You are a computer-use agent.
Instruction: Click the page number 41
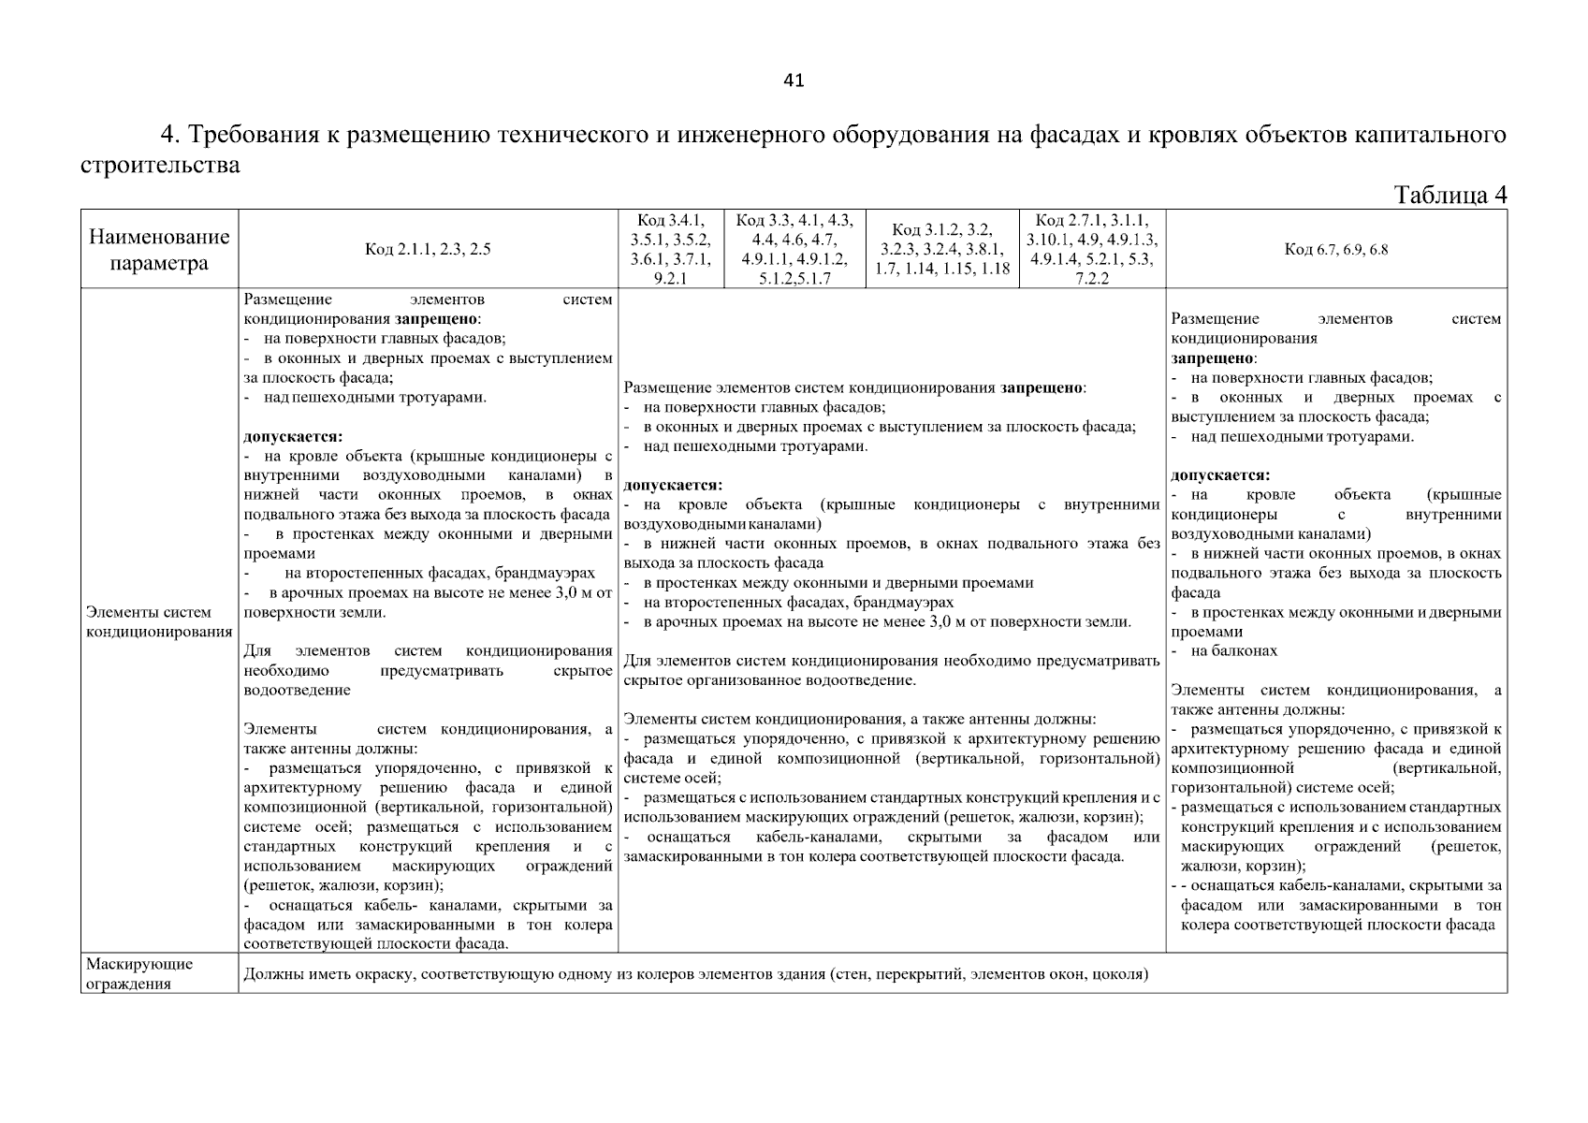click(x=793, y=80)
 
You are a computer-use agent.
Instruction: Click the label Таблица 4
click(x=1450, y=195)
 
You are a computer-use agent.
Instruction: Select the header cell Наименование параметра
click(x=159, y=250)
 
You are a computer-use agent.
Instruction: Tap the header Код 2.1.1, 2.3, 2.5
click(x=428, y=250)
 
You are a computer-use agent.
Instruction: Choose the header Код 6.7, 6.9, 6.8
click(x=1335, y=250)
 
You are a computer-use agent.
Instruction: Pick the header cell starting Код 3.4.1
click(x=671, y=249)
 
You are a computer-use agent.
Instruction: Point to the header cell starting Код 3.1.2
click(x=941, y=249)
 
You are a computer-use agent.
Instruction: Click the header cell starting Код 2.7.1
click(x=1091, y=249)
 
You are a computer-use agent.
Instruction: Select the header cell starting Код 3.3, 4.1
click(x=794, y=249)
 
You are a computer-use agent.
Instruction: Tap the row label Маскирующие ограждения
click(x=139, y=973)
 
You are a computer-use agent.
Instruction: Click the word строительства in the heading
click(x=160, y=166)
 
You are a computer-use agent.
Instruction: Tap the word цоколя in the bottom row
click(x=1120, y=974)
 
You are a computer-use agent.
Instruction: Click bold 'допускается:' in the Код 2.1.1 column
click(x=293, y=437)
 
